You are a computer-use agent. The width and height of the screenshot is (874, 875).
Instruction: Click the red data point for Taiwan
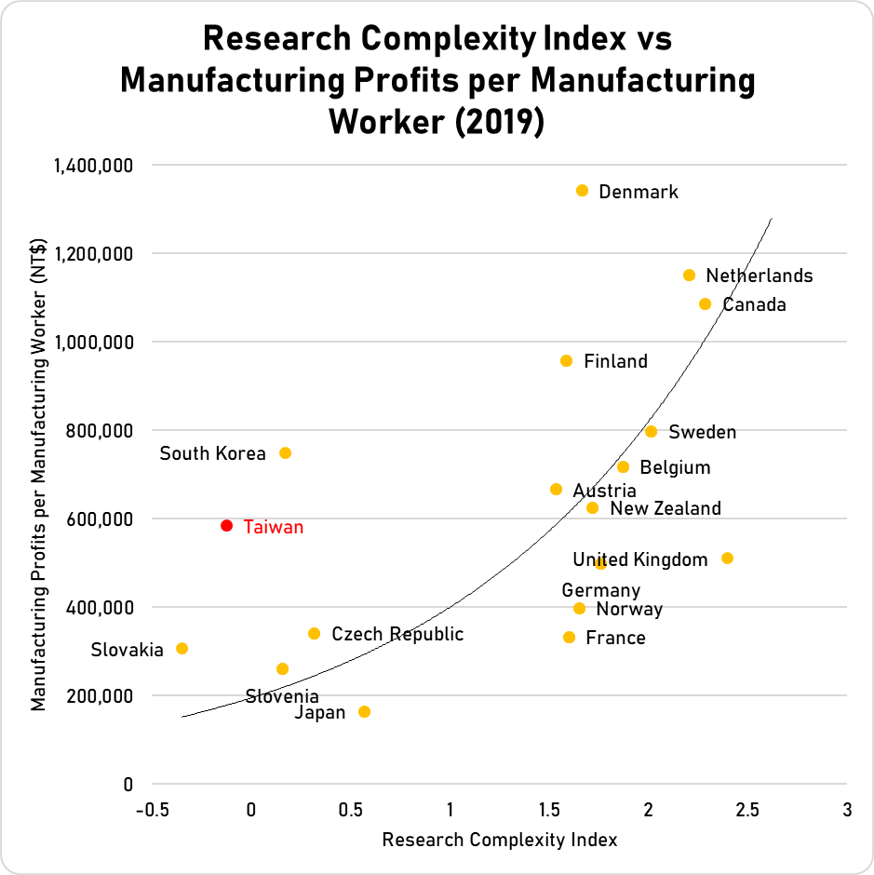[x=226, y=526]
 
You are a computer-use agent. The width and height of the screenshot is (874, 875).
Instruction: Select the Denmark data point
[x=583, y=191]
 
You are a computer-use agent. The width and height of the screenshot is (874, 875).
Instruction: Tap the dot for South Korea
[x=286, y=453]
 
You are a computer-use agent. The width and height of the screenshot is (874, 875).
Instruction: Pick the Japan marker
[x=364, y=712]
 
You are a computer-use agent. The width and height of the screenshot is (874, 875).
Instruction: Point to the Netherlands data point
[x=689, y=276]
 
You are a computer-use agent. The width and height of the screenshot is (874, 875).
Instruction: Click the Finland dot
[x=566, y=361]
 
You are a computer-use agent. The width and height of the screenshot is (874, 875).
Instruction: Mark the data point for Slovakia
[x=182, y=649]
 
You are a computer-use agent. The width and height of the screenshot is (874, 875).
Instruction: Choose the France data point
[x=569, y=638]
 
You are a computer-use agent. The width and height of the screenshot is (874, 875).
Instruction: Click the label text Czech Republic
[x=397, y=635]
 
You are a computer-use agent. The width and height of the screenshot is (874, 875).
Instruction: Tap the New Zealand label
[x=665, y=508]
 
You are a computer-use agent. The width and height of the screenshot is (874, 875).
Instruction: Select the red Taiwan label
[x=274, y=527]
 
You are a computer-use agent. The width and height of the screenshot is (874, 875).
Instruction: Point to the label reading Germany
[x=600, y=590]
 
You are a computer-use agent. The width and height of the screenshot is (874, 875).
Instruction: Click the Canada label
[x=754, y=304]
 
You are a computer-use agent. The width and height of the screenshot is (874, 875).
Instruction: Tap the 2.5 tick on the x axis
[x=747, y=810]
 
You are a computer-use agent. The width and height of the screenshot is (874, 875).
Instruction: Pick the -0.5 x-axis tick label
[x=152, y=810]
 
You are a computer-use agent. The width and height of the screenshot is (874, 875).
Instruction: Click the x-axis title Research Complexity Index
[x=500, y=840]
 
